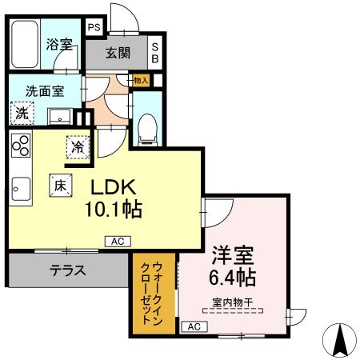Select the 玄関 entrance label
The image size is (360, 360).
pyautogui.click(x=118, y=54)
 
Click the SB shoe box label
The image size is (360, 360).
pyautogui.click(x=155, y=52)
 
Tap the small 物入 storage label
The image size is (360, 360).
pyautogui.click(x=141, y=80)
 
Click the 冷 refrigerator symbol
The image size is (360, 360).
pyautogui.click(x=78, y=147)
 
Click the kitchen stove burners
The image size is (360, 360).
pyautogui.click(x=20, y=147)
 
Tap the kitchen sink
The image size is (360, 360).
pyautogui.click(x=20, y=191)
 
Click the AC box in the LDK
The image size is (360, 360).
pyautogui.click(x=116, y=241)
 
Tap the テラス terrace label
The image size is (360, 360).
pyautogui.click(x=68, y=270)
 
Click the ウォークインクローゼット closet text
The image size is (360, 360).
pyautogui.click(x=150, y=293)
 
